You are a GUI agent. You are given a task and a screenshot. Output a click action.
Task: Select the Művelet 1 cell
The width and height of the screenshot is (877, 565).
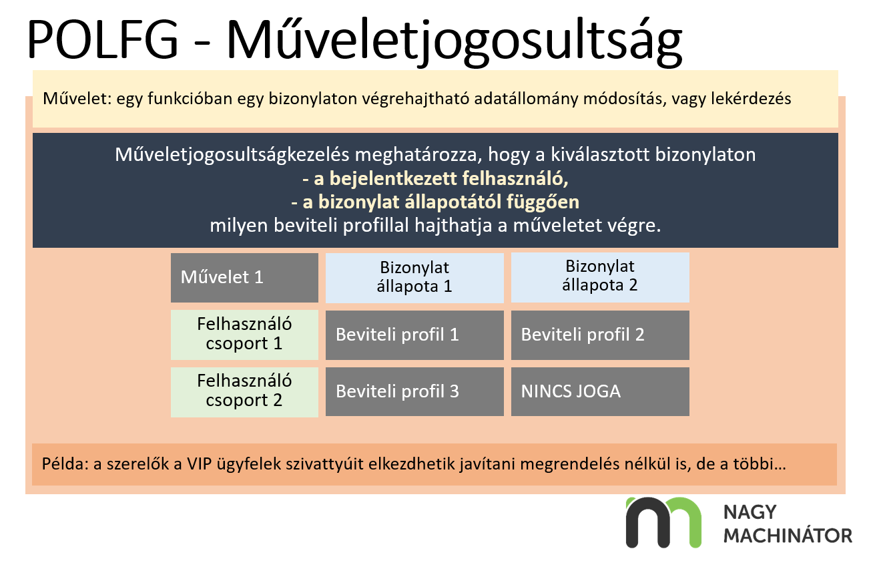[244, 277]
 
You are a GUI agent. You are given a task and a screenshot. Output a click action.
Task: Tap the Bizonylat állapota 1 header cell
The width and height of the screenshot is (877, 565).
[414, 277]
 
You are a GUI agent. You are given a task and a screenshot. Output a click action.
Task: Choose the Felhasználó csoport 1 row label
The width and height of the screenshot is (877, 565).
[244, 335]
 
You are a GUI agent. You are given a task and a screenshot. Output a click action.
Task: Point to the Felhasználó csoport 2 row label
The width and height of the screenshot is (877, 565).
[244, 391]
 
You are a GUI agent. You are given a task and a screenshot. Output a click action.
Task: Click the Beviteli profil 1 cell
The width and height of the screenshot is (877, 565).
[414, 335]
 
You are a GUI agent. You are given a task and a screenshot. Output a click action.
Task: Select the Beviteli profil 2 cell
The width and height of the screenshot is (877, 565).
[600, 335]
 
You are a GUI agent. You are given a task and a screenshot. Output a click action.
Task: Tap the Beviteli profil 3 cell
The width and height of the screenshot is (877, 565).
[414, 391]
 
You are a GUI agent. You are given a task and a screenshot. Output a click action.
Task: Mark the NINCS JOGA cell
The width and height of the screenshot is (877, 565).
[600, 391]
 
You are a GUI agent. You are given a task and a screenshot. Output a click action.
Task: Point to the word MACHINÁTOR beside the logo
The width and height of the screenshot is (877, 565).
[788, 536]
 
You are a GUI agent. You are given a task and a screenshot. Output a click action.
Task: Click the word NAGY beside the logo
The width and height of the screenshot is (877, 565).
[750, 512]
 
